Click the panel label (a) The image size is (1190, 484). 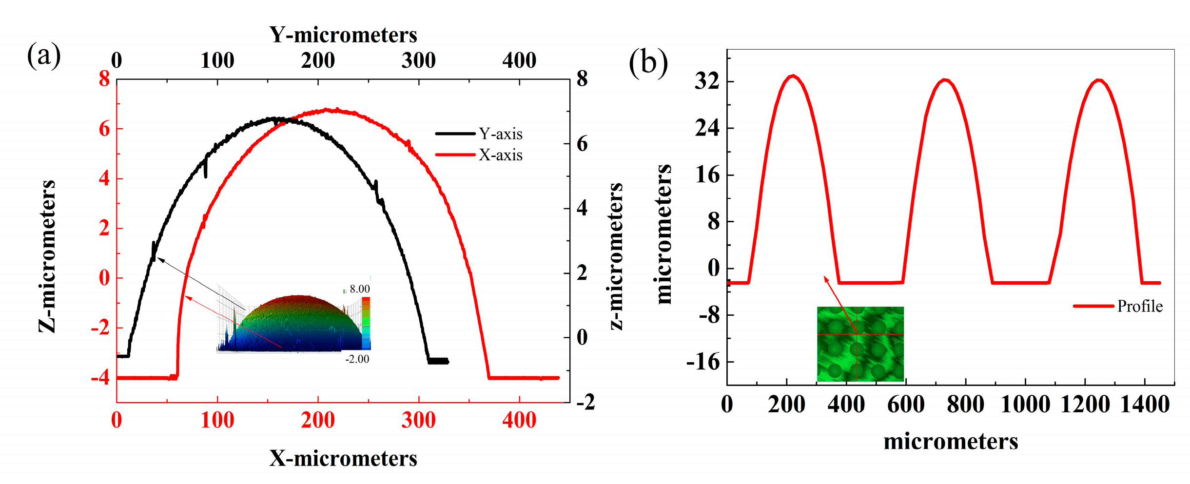point(44,55)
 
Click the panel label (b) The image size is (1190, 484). point(648,62)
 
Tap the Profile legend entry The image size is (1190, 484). point(1139,307)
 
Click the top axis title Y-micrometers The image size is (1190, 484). point(343,35)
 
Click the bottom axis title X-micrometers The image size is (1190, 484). point(343,459)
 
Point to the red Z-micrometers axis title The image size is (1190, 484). point(47,256)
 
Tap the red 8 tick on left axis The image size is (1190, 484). point(104,79)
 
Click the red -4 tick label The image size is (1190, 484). point(100,378)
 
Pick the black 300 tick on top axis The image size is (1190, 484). point(418,61)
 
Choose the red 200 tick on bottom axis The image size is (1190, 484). point(318,420)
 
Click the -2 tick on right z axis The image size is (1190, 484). point(586,403)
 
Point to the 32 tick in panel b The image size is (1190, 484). point(707,81)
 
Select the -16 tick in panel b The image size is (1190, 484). point(703,362)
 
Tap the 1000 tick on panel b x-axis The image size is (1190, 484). point(1025,405)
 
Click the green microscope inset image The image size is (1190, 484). point(860,344)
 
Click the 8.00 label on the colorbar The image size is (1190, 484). point(360,289)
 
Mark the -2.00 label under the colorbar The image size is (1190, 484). point(357,360)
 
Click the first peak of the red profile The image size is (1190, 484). point(794,76)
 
